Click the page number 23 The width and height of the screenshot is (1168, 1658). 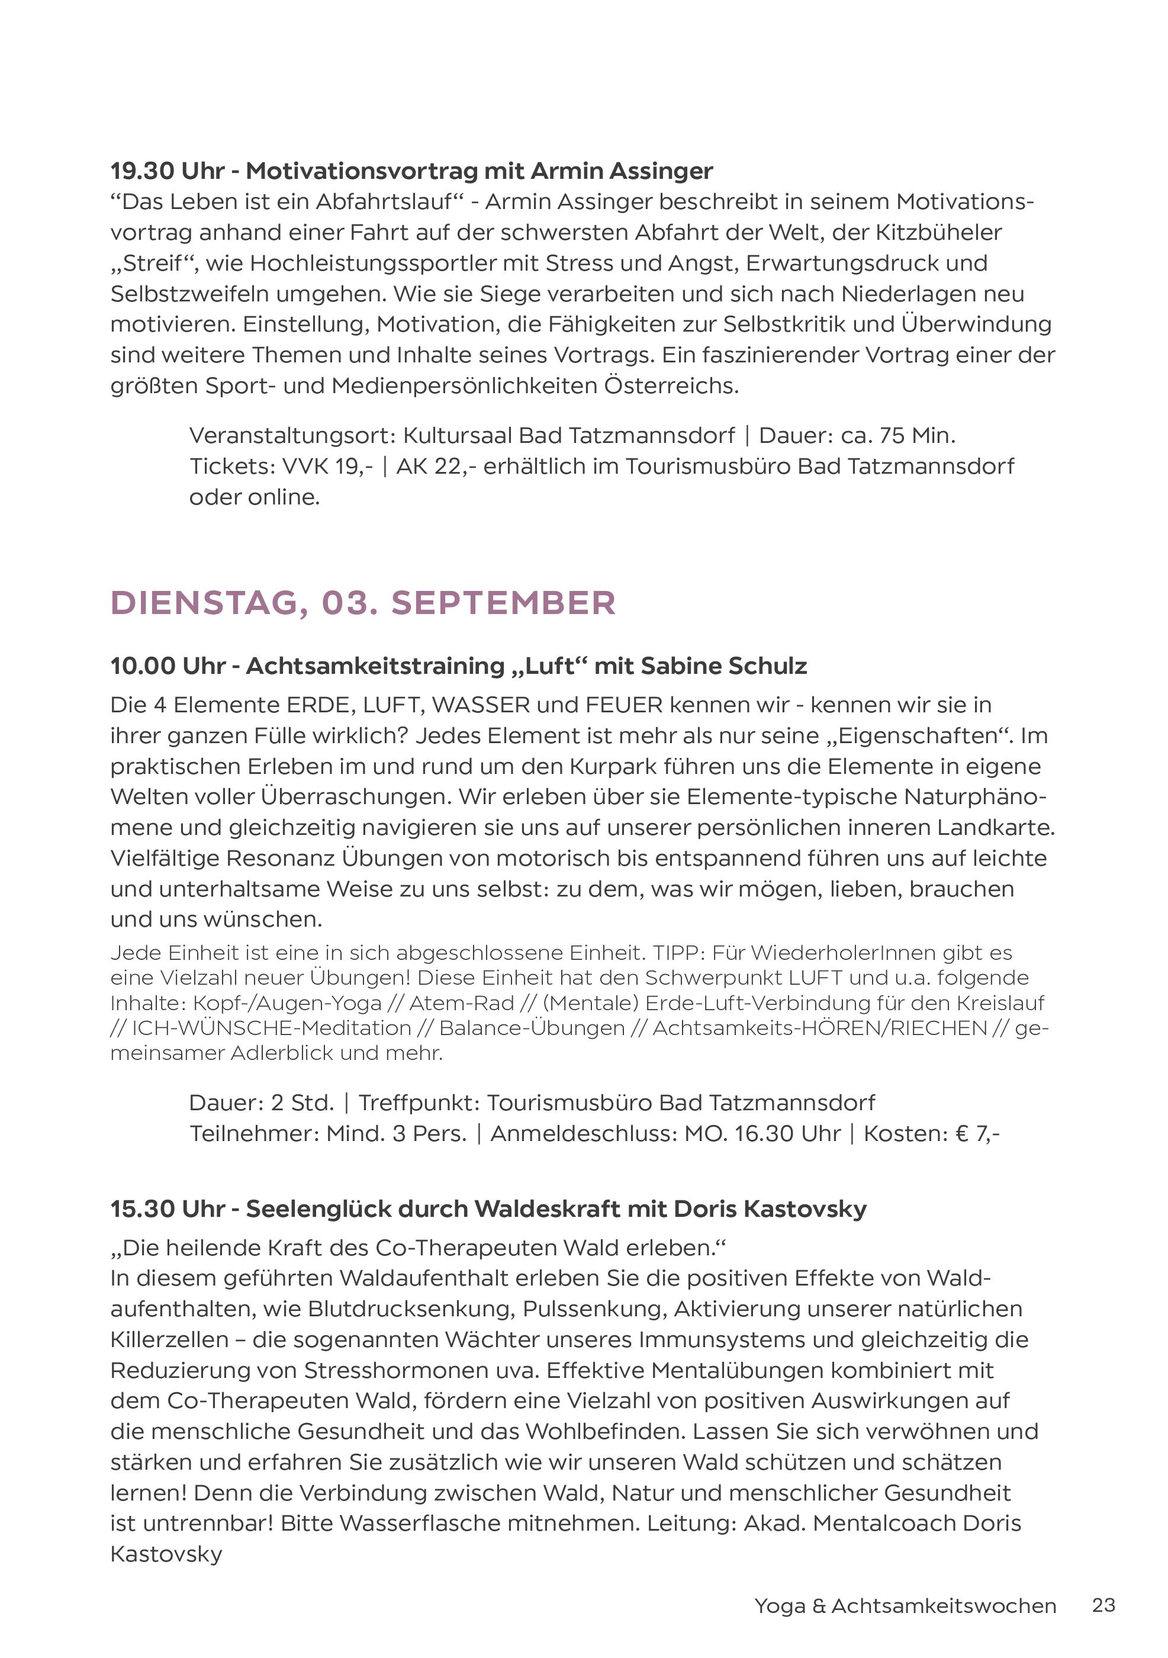[1103, 1605]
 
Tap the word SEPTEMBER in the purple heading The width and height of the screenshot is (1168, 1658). [503, 603]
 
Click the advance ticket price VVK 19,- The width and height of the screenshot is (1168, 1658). [327, 467]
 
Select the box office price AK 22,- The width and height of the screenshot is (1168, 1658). [436, 467]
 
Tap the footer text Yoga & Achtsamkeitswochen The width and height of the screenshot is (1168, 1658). [905, 1606]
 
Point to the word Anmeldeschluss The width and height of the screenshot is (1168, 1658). [583, 1134]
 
